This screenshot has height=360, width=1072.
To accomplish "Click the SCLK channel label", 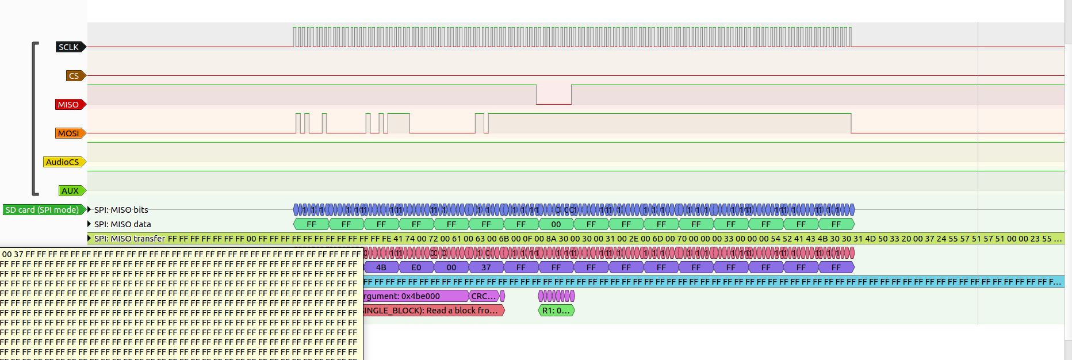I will [x=70, y=47].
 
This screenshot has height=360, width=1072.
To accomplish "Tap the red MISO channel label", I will [x=69, y=105].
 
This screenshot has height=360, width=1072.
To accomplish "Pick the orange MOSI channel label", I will [x=69, y=133].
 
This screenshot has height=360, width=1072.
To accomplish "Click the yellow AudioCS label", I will [x=63, y=162].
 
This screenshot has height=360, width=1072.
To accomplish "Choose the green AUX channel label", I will [x=71, y=191].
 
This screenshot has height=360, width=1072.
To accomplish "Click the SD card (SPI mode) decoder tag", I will [x=43, y=210].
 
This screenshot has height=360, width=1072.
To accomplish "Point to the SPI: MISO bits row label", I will [x=121, y=210].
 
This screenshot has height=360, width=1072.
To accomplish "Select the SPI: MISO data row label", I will [x=122, y=224].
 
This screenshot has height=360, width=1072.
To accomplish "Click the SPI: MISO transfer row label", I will [x=129, y=239].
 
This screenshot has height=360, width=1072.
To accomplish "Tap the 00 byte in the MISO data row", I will [x=556, y=224].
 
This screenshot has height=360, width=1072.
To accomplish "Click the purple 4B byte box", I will [x=381, y=267].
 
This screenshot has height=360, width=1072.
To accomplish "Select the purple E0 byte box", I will [x=416, y=267].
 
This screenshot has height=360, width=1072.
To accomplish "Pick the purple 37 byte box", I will [x=486, y=267].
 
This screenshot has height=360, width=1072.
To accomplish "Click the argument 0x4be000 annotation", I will [x=414, y=296].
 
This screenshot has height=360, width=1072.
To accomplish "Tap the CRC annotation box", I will [x=483, y=296].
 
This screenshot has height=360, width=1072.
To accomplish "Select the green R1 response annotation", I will [x=556, y=311].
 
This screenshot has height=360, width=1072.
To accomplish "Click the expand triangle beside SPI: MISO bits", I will [x=89, y=209].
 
